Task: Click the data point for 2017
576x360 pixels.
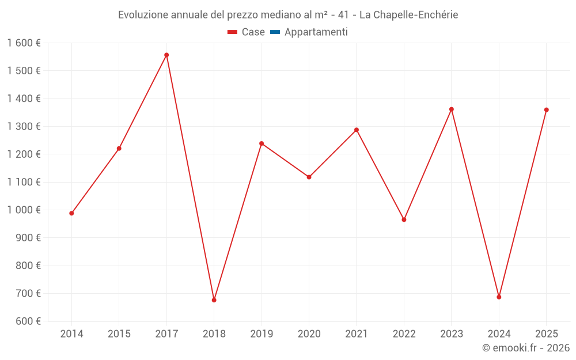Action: tap(166, 55)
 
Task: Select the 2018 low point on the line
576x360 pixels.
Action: tap(214, 300)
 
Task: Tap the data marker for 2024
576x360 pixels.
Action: tap(499, 297)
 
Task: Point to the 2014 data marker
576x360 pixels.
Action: tap(71, 213)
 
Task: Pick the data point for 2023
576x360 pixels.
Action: tap(452, 109)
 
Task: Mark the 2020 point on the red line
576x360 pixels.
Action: tap(309, 177)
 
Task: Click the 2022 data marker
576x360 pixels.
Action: tap(404, 219)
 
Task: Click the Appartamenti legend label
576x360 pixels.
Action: tap(316, 32)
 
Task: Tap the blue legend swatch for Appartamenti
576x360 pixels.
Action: tap(275, 32)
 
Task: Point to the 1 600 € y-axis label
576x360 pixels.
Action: tap(24, 43)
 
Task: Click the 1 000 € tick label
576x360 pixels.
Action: tap(24, 210)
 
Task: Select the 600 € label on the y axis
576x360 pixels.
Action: tap(27, 321)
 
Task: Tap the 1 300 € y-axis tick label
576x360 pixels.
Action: tap(24, 127)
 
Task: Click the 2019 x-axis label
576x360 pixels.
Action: tap(262, 334)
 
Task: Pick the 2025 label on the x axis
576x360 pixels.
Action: tap(546, 334)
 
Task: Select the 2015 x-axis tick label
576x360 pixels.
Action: tap(119, 334)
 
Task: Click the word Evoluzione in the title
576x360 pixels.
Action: tap(143, 15)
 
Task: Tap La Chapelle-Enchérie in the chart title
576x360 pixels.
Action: tap(408, 15)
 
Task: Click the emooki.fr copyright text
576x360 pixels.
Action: tap(526, 348)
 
